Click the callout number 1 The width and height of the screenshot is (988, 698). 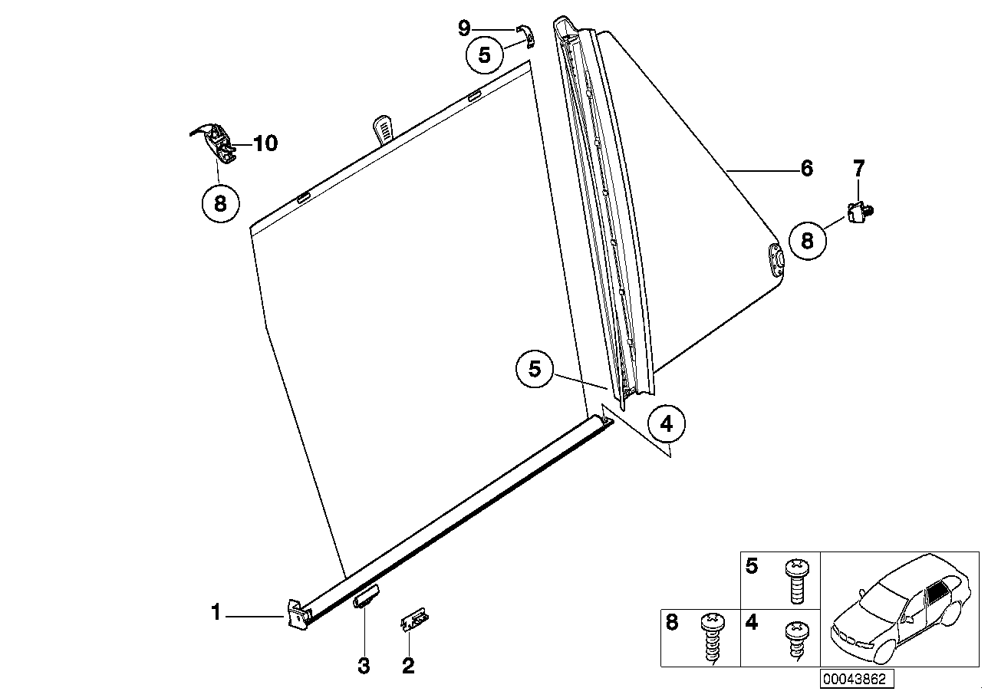click(216, 613)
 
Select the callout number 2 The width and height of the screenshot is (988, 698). click(408, 665)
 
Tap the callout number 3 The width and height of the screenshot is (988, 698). click(364, 665)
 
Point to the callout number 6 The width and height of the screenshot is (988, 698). click(806, 168)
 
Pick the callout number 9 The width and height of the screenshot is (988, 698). click(464, 28)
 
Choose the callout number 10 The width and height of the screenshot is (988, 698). click(265, 143)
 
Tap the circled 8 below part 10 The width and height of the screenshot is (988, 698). click(220, 203)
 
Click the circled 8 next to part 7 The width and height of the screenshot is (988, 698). click(806, 240)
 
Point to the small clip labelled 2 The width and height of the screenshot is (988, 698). click(414, 620)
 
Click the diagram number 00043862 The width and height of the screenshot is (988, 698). click(855, 679)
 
